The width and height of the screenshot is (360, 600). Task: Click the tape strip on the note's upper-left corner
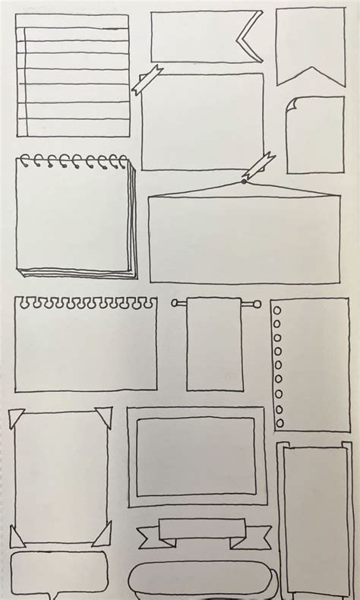pos(147,80)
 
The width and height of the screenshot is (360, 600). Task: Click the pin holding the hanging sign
pos(244,181)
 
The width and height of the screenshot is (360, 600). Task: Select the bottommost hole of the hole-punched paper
pos(279,422)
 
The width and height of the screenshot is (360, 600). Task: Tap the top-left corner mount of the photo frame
pos(16,418)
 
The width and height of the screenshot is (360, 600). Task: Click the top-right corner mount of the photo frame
pos(103,416)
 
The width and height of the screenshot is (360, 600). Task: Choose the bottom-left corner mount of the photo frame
pos(17,536)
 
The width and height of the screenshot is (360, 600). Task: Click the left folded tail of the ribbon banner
pos(147,537)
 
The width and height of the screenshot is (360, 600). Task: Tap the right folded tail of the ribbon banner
pos(242,537)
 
